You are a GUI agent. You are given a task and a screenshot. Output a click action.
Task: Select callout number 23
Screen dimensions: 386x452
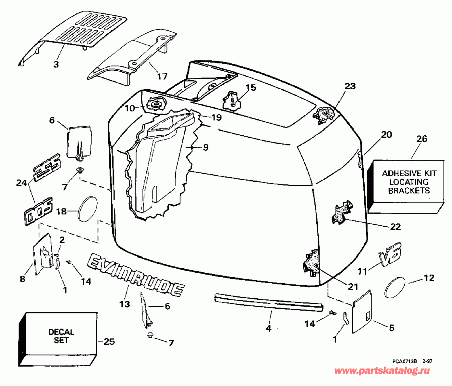coord(350,86)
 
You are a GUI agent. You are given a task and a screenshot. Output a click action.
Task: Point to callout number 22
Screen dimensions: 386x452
coord(395,226)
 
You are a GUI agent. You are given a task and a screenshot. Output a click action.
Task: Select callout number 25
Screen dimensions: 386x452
coord(109,342)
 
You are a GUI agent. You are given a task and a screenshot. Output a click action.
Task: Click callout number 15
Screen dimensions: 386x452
coord(250,88)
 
